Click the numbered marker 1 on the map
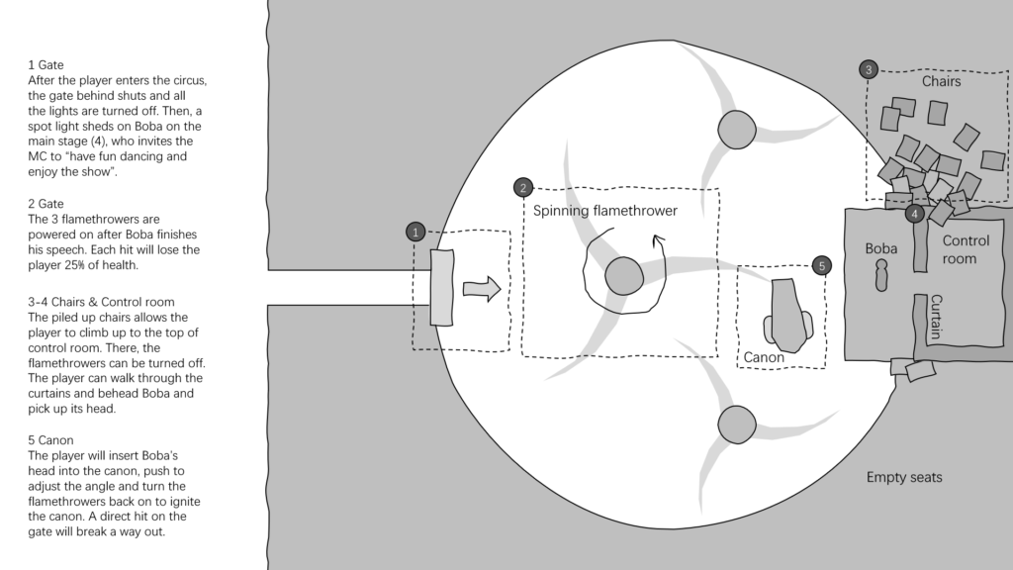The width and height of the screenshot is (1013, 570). pyautogui.click(x=415, y=232)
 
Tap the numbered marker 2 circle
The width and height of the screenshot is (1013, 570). pyautogui.click(x=523, y=187)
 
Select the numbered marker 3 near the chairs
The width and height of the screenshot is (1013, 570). pyautogui.click(x=869, y=69)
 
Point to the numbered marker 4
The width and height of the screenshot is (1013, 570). pyautogui.click(x=914, y=214)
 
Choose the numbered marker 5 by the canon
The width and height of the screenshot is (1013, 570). pyautogui.click(x=822, y=265)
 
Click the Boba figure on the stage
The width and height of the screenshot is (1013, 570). pyautogui.click(x=881, y=275)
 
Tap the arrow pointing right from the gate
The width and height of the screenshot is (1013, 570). pyautogui.click(x=482, y=289)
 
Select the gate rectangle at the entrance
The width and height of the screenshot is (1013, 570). pyautogui.click(x=442, y=288)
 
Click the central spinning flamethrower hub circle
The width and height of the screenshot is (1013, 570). pyautogui.click(x=624, y=276)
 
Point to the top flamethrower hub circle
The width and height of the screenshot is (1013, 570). pyautogui.click(x=736, y=130)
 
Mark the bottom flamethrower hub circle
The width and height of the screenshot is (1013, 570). pyautogui.click(x=736, y=425)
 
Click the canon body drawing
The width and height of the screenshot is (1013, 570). pyautogui.click(x=788, y=316)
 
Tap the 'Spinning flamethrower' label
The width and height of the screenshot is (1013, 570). pyautogui.click(x=605, y=211)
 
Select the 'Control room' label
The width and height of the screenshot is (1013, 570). pyautogui.click(x=966, y=249)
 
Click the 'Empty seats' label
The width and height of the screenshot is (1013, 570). pyautogui.click(x=904, y=477)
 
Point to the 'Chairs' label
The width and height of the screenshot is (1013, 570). pyautogui.click(x=942, y=81)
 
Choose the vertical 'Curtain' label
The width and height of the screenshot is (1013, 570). pyautogui.click(x=936, y=317)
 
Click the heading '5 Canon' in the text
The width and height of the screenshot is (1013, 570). pyautogui.click(x=50, y=440)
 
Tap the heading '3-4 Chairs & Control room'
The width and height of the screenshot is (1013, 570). pyautogui.click(x=101, y=302)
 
